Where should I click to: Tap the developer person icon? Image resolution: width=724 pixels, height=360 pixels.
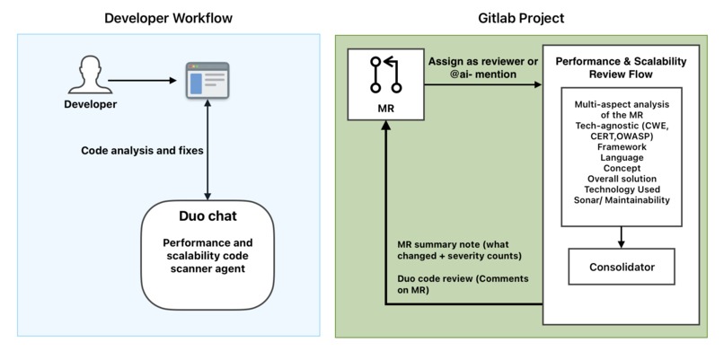[89, 78]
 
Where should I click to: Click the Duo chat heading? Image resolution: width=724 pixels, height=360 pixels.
[207, 217]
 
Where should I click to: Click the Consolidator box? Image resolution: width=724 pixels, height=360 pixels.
[622, 268]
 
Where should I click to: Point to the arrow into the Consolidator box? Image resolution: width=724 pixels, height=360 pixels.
[622, 236]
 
